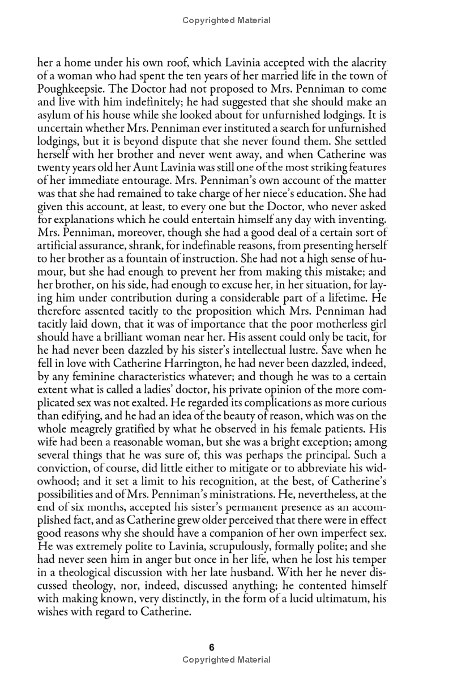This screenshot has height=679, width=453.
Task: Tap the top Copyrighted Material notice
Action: click(226, 20)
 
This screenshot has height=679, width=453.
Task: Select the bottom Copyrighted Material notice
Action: click(226, 659)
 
